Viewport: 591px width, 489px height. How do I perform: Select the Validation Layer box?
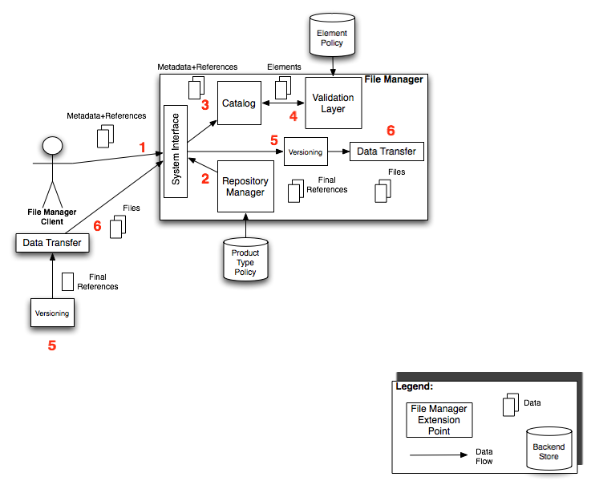point(333,103)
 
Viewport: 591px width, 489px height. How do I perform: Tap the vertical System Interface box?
point(175,151)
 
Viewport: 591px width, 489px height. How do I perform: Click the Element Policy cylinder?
point(332,39)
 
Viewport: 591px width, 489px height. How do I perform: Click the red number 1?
point(143,148)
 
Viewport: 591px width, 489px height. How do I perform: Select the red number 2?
point(204,179)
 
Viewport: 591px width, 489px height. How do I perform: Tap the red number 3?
point(205,104)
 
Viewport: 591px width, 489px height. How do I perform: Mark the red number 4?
point(293,116)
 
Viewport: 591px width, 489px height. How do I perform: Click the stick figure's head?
point(52,146)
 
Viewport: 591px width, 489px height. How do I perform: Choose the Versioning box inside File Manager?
point(305,152)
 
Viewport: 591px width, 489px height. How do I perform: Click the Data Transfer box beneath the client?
point(52,242)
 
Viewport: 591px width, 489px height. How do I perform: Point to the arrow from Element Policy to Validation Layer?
point(332,68)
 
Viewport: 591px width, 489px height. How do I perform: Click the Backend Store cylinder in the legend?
point(548,446)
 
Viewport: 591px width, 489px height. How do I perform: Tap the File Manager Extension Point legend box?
point(439,419)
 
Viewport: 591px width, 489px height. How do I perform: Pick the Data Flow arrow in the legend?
point(439,455)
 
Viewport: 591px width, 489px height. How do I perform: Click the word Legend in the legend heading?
point(415,386)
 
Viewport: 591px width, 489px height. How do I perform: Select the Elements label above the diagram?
point(283,68)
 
